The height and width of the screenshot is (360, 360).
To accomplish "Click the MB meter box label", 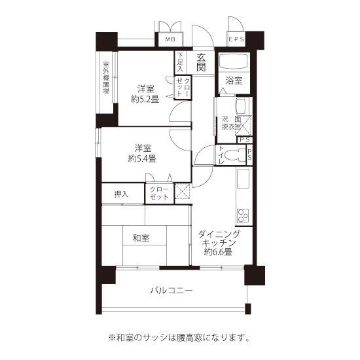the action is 170,39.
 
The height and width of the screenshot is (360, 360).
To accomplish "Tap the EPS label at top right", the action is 236,39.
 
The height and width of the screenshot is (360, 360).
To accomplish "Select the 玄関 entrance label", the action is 201,62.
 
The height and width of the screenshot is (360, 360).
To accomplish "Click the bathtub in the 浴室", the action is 234,62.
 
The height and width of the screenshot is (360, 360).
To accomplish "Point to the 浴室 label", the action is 234,81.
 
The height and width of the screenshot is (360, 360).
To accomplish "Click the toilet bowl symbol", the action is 236,154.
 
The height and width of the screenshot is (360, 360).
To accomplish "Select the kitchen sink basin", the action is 243,179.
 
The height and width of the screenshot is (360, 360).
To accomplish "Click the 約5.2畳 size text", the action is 145,99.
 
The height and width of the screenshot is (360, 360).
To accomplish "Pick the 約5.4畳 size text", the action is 142,158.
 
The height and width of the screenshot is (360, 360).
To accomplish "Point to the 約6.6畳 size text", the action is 218,252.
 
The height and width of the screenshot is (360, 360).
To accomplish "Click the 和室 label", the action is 141,238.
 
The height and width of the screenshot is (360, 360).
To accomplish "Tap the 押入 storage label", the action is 121,194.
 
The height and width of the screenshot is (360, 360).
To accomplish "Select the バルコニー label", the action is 171,291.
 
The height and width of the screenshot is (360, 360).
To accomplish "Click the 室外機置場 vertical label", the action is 106,78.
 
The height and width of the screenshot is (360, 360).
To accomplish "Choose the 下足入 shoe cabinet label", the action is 181,62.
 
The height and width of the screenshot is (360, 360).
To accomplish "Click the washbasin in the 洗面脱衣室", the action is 242,106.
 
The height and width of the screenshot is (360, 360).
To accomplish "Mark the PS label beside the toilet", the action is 249,154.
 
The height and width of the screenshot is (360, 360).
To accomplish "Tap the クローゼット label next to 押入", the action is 159,193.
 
